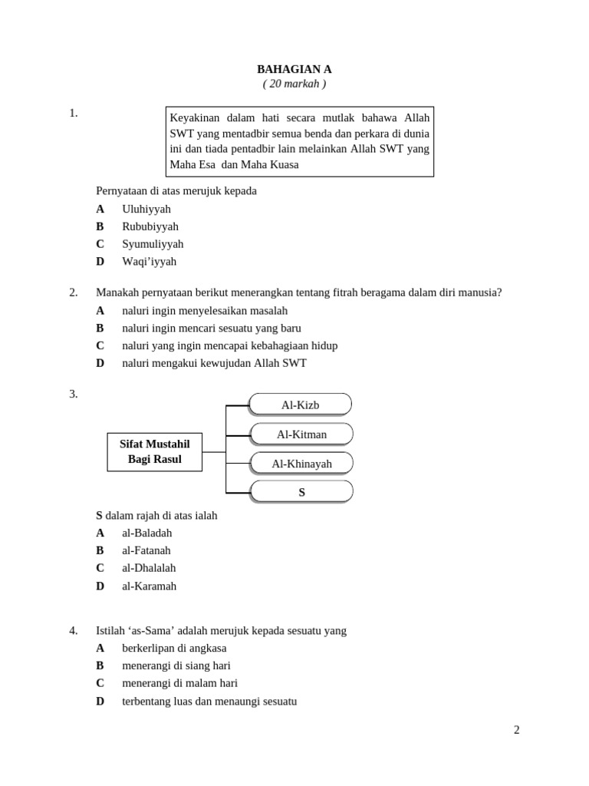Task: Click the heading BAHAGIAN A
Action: tap(294, 69)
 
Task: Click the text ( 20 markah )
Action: tap(294, 84)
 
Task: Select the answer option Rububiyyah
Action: tap(150, 226)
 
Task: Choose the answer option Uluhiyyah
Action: tap(146, 209)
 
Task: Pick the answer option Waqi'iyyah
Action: tap(149, 261)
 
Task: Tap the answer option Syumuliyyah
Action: tap(153, 244)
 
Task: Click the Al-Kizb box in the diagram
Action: tap(300, 405)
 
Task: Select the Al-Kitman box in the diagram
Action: tap(301, 434)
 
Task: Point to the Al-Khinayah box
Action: tap(301, 464)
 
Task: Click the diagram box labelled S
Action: tap(301, 492)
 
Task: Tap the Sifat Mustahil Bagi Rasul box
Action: tap(154, 451)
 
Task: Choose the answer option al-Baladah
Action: tap(146, 533)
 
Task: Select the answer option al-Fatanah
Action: tap(146, 550)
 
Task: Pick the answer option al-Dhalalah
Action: tap(149, 568)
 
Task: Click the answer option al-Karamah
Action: tap(149, 586)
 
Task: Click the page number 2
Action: tap(517, 730)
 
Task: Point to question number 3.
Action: tap(74, 394)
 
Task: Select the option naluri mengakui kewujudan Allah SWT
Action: tap(214, 363)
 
